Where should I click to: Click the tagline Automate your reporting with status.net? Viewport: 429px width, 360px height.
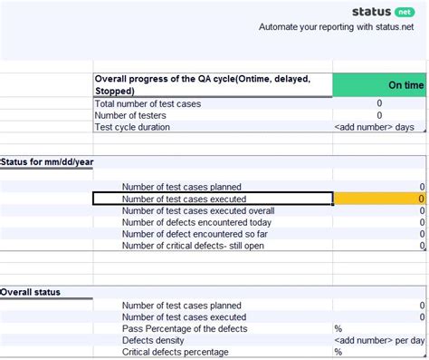(341, 28)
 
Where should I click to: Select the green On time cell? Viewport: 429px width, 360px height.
(380, 84)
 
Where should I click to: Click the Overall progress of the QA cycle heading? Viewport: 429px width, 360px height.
(203, 84)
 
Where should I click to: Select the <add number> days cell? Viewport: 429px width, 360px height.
(379, 127)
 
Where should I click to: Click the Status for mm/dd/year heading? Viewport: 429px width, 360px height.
(47, 161)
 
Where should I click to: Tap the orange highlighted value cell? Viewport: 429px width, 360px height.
(380, 199)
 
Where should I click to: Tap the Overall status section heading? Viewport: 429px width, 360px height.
(31, 292)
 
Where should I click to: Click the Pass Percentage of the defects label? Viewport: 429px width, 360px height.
(186, 328)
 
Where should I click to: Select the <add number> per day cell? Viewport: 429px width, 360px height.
(379, 340)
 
